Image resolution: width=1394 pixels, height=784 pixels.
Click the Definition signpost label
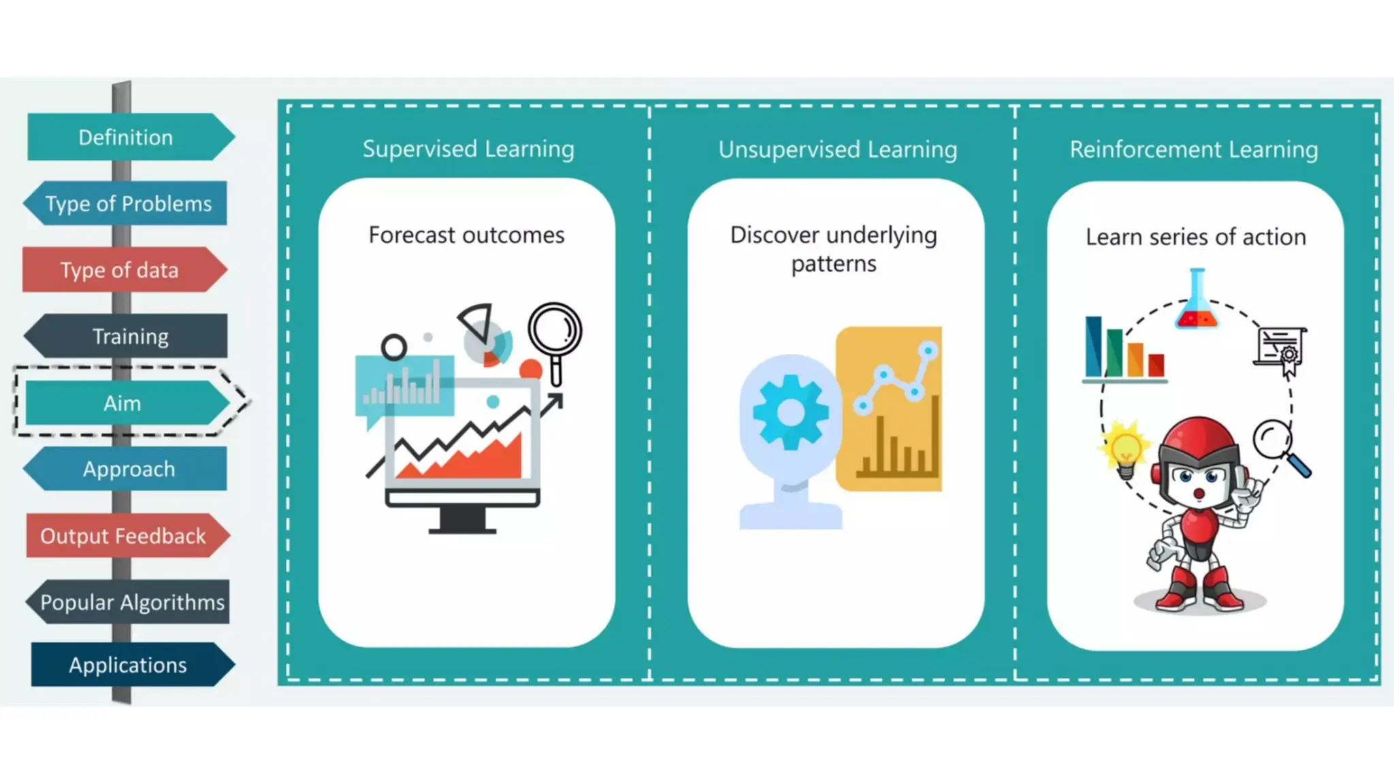pos(126,137)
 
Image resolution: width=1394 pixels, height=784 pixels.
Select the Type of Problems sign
pos(128,203)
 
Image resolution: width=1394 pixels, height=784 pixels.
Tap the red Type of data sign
pos(120,270)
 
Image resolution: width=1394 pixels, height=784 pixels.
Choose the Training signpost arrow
pos(130,336)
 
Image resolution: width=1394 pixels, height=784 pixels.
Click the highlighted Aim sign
pos(123,403)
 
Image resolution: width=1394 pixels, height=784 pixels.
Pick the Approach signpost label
pos(129,469)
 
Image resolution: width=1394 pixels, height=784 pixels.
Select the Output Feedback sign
pos(123,536)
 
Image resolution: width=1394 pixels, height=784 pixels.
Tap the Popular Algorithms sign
pos(132,602)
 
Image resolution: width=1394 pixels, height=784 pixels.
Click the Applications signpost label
pos(128,665)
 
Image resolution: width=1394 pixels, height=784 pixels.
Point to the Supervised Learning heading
pos(468,149)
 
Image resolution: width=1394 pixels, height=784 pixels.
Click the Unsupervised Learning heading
pos(837,149)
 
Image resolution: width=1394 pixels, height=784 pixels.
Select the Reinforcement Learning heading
pos(1193,149)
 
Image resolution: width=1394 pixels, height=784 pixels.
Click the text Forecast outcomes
pos(466,235)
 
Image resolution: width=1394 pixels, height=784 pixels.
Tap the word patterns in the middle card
pos(834,263)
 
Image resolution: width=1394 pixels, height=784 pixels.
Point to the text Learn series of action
pos(1195,237)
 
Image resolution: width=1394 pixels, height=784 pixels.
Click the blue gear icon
pos(790,412)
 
